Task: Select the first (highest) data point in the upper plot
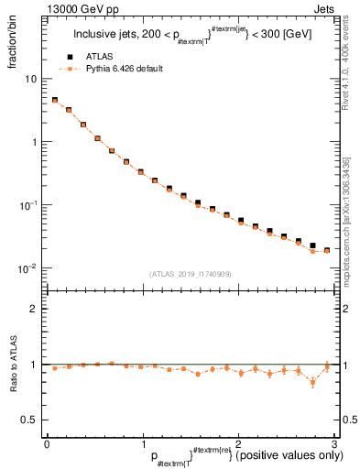point(55,100)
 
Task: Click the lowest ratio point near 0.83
point(313,382)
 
